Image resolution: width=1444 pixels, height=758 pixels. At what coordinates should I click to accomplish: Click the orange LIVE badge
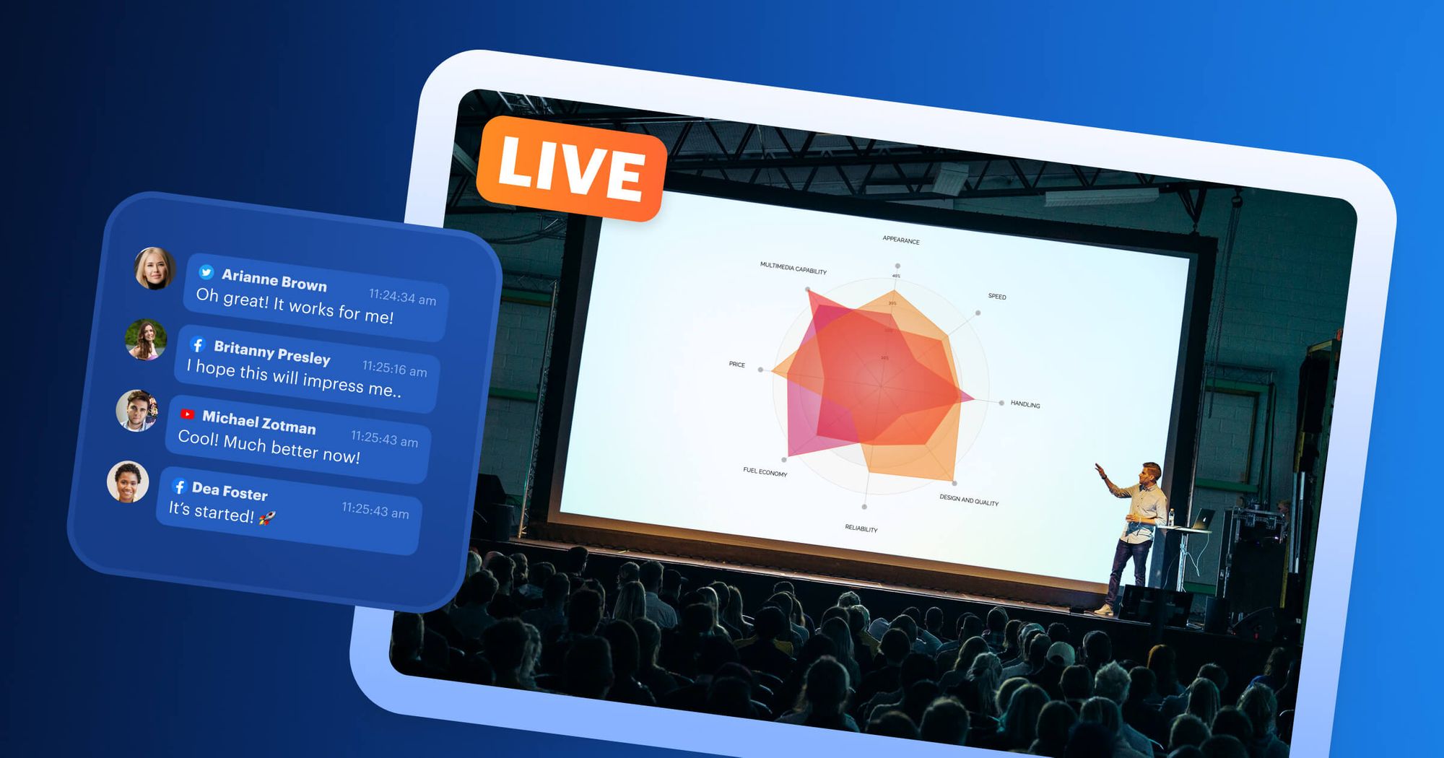click(x=570, y=169)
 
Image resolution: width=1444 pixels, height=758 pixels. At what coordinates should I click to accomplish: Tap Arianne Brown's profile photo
click(x=155, y=268)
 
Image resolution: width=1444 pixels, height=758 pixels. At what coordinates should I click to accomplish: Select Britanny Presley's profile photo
click(x=146, y=339)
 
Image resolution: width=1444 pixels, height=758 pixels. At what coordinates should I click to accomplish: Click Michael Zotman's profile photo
click(x=137, y=410)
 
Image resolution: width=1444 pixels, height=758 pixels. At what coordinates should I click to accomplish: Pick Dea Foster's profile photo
click(x=128, y=482)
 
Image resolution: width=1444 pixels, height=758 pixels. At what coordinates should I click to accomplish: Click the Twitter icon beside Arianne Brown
click(x=206, y=272)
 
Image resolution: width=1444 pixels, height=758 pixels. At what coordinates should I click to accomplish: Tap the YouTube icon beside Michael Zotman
click(x=187, y=414)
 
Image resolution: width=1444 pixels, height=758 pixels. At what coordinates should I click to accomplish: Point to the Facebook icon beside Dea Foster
click(x=179, y=487)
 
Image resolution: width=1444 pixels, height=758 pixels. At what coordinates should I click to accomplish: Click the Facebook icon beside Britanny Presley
click(x=198, y=344)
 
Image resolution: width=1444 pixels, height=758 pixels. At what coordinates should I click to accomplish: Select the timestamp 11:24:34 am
click(x=402, y=297)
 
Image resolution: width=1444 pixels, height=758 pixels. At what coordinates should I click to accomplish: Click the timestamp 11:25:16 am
click(x=394, y=368)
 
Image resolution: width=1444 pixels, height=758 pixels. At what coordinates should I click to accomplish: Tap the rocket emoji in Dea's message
click(x=266, y=517)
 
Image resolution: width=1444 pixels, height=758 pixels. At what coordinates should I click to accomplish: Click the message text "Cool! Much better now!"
click(x=269, y=447)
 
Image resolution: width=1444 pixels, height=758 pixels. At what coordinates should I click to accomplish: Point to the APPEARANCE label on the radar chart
click(x=901, y=240)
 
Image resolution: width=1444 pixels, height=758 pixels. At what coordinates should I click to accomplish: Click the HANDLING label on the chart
click(x=1025, y=404)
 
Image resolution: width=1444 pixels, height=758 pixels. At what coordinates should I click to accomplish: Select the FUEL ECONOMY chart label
click(x=765, y=472)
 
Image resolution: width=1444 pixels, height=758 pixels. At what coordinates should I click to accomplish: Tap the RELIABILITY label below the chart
click(x=861, y=528)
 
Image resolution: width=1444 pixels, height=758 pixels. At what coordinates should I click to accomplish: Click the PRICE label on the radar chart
click(x=736, y=365)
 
